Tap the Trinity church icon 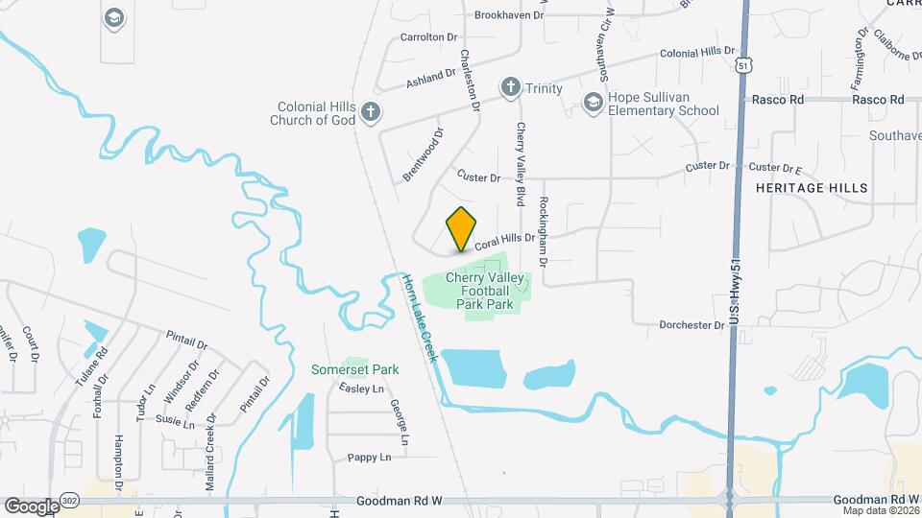pos(511,88)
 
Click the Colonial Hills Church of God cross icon pos(370,114)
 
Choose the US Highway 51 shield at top pos(743,65)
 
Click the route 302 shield pos(71,501)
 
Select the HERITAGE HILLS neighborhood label pos(812,188)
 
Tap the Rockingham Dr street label pos(544,231)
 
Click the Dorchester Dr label pos(691,325)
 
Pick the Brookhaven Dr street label pos(509,15)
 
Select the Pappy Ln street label pos(370,458)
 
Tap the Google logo pos(32,506)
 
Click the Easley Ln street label pos(361,388)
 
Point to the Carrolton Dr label pos(430,37)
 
